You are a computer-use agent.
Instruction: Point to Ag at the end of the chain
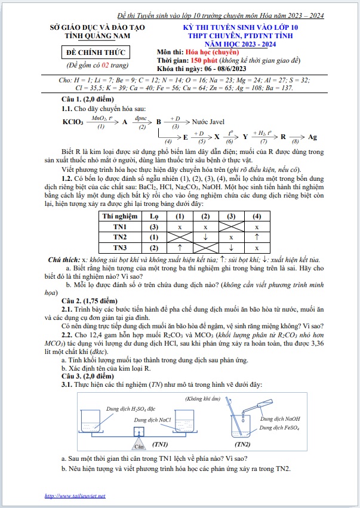[312, 137]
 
